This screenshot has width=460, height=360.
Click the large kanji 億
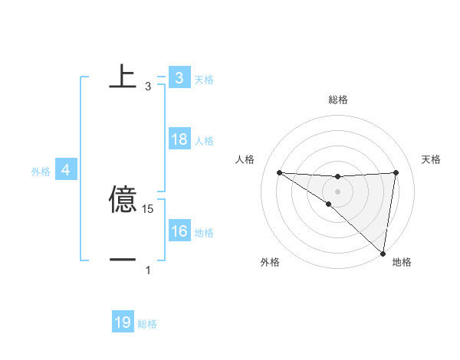click(x=123, y=200)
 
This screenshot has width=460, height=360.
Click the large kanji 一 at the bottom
click(x=123, y=260)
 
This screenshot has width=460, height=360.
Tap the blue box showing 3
click(x=179, y=78)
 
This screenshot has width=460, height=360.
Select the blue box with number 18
click(x=179, y=140)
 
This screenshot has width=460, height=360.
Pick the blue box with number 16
click(x=179, y=232)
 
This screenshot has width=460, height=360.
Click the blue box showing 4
click(x=66, y=170)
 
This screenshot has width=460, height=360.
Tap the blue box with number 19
click(x=123, y=323)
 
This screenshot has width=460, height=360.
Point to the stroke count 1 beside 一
click(x=148, y=270)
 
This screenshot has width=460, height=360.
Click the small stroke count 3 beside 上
click(x=148, y=87)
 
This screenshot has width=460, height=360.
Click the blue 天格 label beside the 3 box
click(x=204, y=79)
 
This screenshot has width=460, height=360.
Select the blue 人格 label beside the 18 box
click(x=204, y=141)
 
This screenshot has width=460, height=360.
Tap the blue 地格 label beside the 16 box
click(x=204, y=233)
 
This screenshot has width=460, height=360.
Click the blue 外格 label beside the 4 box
click(x=41, y=172)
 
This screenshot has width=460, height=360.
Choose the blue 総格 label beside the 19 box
click(x=147, y=324)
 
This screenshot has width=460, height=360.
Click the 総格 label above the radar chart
click(x=337, y=100)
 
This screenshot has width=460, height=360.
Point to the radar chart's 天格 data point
click(x=396, y=172)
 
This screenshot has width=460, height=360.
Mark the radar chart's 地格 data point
click(x=383, y=254)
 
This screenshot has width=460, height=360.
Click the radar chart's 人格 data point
click(x=279, y=172)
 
